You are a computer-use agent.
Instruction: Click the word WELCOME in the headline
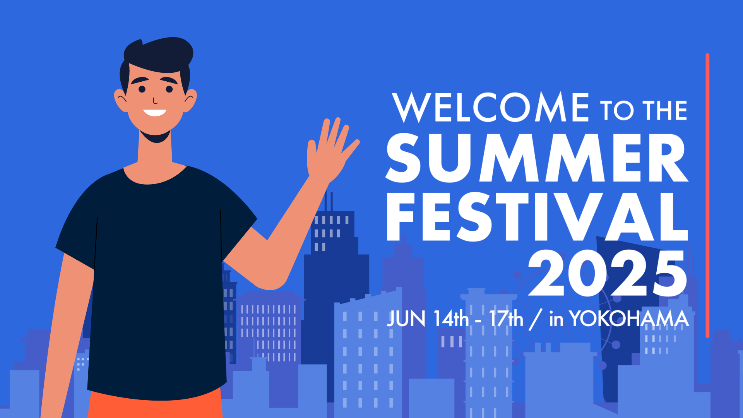[x=491, y=107]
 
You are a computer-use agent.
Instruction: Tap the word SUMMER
[x=537, y=158]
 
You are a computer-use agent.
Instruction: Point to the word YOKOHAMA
[x=629, y=319]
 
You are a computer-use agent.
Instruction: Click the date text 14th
[x=451, y=319]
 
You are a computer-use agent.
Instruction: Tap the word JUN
[x=406, y=319]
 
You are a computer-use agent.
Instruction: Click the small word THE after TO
[x=665, y=111]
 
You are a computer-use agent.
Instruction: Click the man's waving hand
[x=332, y=151]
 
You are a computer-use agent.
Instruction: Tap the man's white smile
[x=155, y=113]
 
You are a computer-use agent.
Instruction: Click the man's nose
[x=155, y=101]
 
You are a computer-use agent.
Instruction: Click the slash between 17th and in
[x=536, y=319]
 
